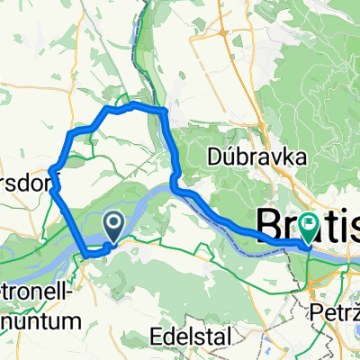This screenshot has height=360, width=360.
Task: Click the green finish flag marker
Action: click(308, 229)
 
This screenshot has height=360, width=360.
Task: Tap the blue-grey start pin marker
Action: click(114, 228)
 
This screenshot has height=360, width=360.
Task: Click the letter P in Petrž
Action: click(315, 312)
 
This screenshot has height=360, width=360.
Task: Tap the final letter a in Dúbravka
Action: click(301, 157)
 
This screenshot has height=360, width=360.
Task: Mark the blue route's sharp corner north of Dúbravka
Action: click(164, 111)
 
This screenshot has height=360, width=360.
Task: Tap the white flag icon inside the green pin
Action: click(308, 225)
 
